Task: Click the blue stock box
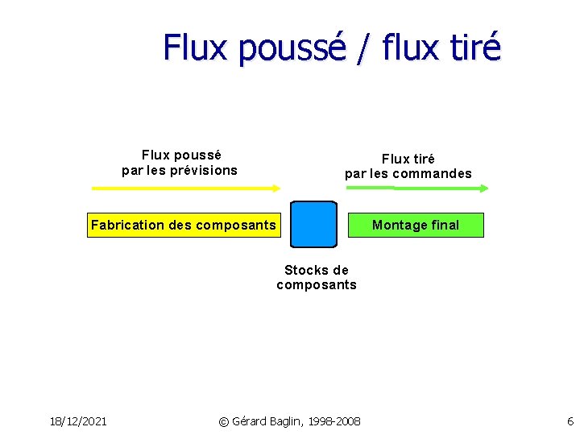[x=313, y=224]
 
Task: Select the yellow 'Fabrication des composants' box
[x=183, y=225]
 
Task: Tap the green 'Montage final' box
[x=416, y=225]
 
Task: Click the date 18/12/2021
[x=79, y=421]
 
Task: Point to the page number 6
[x=570, y=421]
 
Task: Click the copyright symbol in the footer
[x=224, y=421]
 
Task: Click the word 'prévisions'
[x=205, y=170]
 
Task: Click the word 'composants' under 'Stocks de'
[x=316, y=284]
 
